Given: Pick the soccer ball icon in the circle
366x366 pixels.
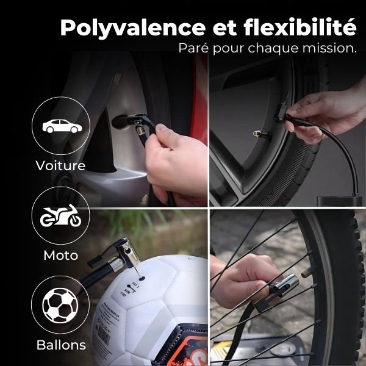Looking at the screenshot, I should point(60,306).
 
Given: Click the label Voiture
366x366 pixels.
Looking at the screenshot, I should point(60,165).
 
